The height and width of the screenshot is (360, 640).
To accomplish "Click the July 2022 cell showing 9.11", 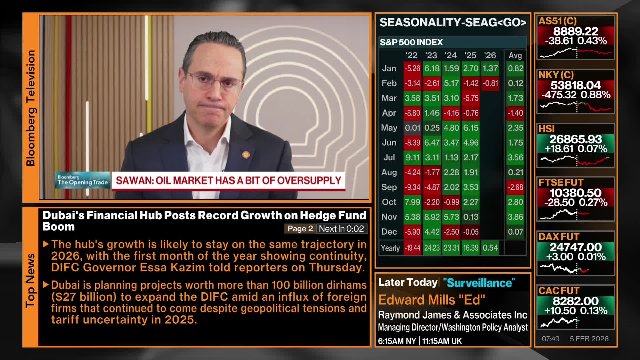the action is point(412,157).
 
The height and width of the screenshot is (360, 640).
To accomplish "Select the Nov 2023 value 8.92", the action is point(432,217).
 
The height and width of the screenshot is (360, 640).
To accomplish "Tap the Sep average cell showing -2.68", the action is point(515,187).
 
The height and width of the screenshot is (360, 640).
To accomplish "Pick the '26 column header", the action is point(490,55).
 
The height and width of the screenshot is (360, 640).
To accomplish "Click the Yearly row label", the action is point(390,248).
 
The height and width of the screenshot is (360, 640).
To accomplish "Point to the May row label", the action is point(389,128).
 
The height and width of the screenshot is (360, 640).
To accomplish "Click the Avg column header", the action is point(515,55).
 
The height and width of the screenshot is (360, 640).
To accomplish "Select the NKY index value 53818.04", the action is point(575,85).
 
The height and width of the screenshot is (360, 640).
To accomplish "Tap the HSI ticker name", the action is point(547,129).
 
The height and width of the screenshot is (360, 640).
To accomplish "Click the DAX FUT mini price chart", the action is point(575,268).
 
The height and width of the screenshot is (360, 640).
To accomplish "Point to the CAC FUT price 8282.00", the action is point(575,301).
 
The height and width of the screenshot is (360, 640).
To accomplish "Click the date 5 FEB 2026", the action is point(589,339).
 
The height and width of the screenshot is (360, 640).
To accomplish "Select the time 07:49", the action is point(551,339).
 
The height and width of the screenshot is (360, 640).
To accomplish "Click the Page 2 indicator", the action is point(300,229).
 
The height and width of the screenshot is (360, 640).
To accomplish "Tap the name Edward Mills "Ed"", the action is point(432,300).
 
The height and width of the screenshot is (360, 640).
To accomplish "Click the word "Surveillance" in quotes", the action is point(479,283).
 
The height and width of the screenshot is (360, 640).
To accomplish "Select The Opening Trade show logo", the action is point(83,180).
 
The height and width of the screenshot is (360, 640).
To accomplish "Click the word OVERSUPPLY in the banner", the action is point(309,180).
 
